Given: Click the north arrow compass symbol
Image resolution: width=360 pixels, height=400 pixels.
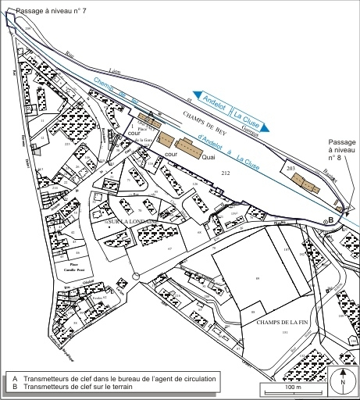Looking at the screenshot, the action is coord(341,384).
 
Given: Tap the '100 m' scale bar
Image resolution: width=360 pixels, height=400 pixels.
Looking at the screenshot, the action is coord(292,388).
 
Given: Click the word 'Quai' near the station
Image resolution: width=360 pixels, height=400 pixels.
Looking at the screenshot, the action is coord(207,157).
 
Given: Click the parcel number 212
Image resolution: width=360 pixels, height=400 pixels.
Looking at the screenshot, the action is coord(226,171).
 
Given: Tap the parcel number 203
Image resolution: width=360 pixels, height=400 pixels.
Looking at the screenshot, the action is coord(291,168).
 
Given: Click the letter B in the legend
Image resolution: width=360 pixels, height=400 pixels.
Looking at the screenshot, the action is coord(15,386).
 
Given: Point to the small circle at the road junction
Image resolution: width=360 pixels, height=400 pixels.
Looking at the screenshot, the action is coord(136,276).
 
